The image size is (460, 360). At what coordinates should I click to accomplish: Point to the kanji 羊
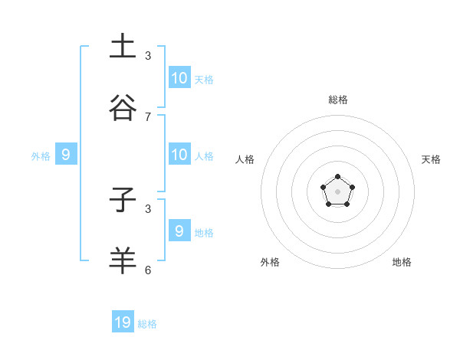[123, 260]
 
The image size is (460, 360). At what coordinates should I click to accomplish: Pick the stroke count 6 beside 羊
[148, 270]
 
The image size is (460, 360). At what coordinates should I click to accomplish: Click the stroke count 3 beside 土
[148, 55]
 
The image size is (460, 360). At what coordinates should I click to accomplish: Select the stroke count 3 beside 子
[148, 208]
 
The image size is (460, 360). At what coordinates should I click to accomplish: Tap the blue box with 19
[123, 322]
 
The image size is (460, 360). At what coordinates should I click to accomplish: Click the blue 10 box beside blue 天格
[179, 78]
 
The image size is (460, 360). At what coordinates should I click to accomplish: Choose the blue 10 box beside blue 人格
[179, 155]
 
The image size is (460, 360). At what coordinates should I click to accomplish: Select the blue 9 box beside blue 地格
[179, 231]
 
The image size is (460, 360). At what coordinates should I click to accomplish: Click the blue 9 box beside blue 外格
[66, 155]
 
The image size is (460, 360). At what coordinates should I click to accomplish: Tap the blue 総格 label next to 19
[147, 324]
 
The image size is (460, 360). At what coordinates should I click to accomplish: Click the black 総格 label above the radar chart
[338, 100]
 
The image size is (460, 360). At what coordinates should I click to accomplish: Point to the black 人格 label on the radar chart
[245, 159]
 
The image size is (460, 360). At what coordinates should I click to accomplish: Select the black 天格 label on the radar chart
[431, 159]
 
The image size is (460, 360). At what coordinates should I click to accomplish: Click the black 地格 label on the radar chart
[402, 262]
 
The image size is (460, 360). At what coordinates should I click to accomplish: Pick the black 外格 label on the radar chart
[270, 262]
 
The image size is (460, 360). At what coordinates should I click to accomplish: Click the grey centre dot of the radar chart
[337, 191]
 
